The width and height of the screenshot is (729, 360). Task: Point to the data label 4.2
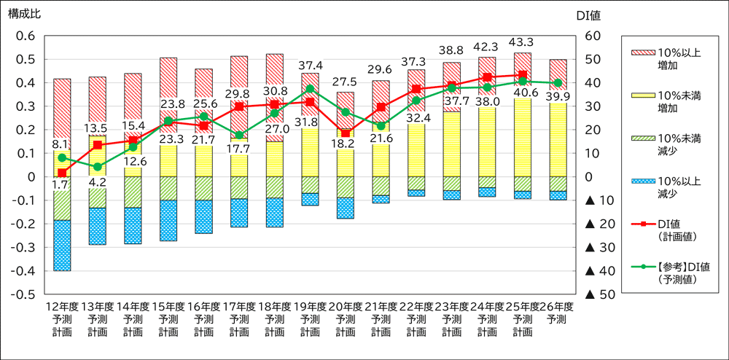pos(98,183)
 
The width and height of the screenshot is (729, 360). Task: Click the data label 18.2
pos(346,145)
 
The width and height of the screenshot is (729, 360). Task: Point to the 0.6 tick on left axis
pos(25,36)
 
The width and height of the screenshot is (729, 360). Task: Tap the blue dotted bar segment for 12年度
pos(63,246)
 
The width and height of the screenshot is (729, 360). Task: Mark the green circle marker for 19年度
pos(310,89)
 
